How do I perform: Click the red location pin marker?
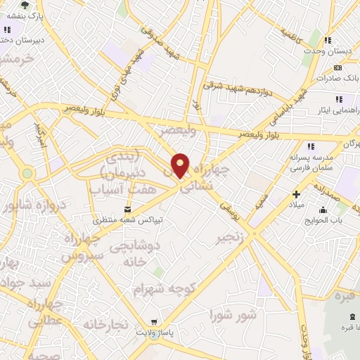point(181,165)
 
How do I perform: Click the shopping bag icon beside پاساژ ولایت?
point(155,321)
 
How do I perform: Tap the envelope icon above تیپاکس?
point(127,209)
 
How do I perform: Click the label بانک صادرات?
point(337,78)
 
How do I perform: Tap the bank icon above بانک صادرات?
point(338,67)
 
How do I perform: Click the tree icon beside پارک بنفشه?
point(25,4)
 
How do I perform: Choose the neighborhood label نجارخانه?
point(106,324)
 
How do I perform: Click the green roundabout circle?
point(27,173)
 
